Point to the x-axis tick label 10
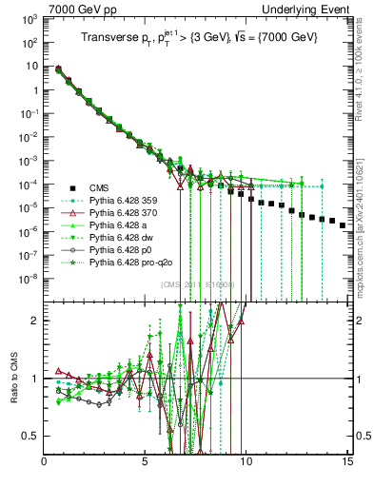point(246,465)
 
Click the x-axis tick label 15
point(346,465)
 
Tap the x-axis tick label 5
point(145,465)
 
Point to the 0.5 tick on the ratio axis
point(32,437)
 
